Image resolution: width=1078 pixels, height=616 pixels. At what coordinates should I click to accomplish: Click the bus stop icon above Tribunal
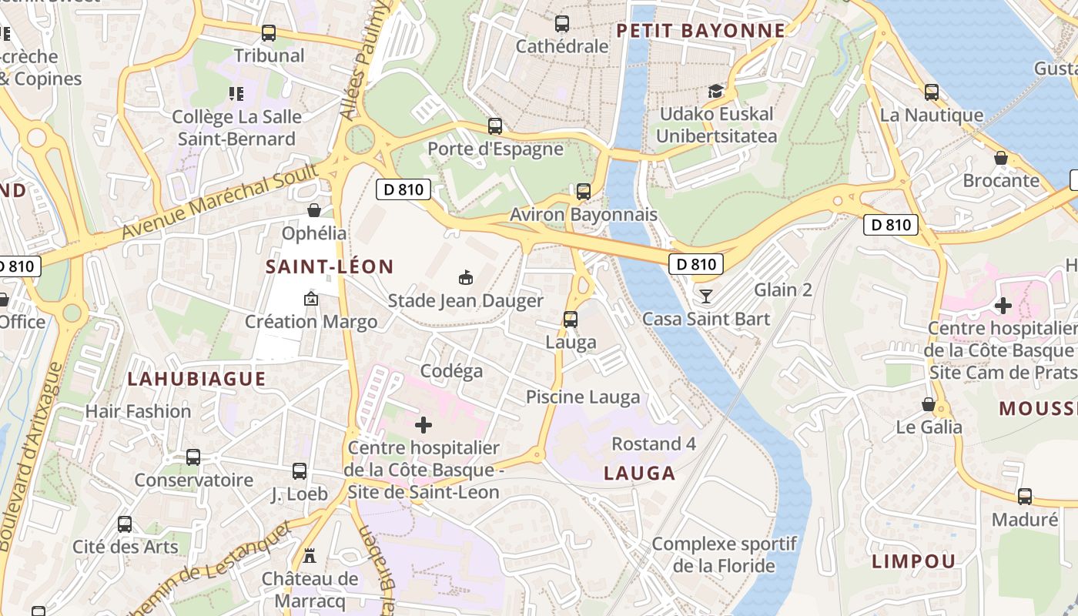point(268,33)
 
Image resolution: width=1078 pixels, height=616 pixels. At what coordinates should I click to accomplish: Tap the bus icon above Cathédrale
point(562,24)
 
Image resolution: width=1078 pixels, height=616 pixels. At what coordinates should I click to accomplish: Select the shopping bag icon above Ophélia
point(314,210)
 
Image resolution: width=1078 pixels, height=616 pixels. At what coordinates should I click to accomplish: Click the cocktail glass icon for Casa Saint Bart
point(705,296)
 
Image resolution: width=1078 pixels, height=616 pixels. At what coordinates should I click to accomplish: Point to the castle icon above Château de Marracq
point(310,555)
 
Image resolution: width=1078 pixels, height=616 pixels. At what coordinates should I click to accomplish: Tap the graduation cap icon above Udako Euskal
point(716,92)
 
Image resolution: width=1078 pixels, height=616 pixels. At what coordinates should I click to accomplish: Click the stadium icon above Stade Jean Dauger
point(465,277)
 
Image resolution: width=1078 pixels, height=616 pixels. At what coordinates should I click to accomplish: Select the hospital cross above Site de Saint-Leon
point(423,425)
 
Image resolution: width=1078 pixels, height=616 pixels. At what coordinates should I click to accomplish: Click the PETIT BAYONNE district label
point(701,31)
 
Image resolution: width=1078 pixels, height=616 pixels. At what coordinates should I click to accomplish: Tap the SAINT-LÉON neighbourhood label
point(330,267)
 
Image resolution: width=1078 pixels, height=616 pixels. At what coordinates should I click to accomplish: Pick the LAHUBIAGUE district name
point(196,379)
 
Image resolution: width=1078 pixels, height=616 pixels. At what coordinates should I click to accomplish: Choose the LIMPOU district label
point(913,561)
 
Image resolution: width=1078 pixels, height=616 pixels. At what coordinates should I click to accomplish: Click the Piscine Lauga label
point(583,397)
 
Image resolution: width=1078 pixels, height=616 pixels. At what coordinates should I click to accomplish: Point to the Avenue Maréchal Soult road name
point(219,201)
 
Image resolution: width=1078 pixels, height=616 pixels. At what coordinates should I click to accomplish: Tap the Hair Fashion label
point(138,411)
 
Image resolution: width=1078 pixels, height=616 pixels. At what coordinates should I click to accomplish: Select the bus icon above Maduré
point(1024,497)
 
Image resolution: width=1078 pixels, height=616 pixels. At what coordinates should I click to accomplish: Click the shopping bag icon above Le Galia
point(929,404)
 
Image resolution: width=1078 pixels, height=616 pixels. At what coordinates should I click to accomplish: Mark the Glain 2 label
point(783,290)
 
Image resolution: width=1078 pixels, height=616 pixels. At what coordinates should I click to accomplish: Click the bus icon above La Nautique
point(932,92)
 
